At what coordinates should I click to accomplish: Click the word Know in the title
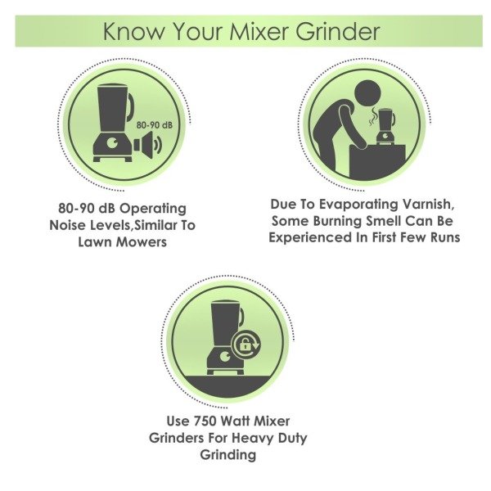(x=133, y=31)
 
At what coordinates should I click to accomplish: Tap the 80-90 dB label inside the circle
(x=155, y=125)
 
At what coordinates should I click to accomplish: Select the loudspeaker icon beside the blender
(x=148, y=145)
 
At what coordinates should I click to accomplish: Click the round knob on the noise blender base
(x=112, y=143)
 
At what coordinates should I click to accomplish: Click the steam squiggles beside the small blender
(x=372, y=116)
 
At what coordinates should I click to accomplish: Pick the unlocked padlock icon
(x=244, y=345)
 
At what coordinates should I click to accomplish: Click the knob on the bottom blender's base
(x=226, y=357)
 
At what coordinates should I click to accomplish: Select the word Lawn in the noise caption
(x=95, y=241)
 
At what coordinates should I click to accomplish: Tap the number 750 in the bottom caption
(x=205, y=421)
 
